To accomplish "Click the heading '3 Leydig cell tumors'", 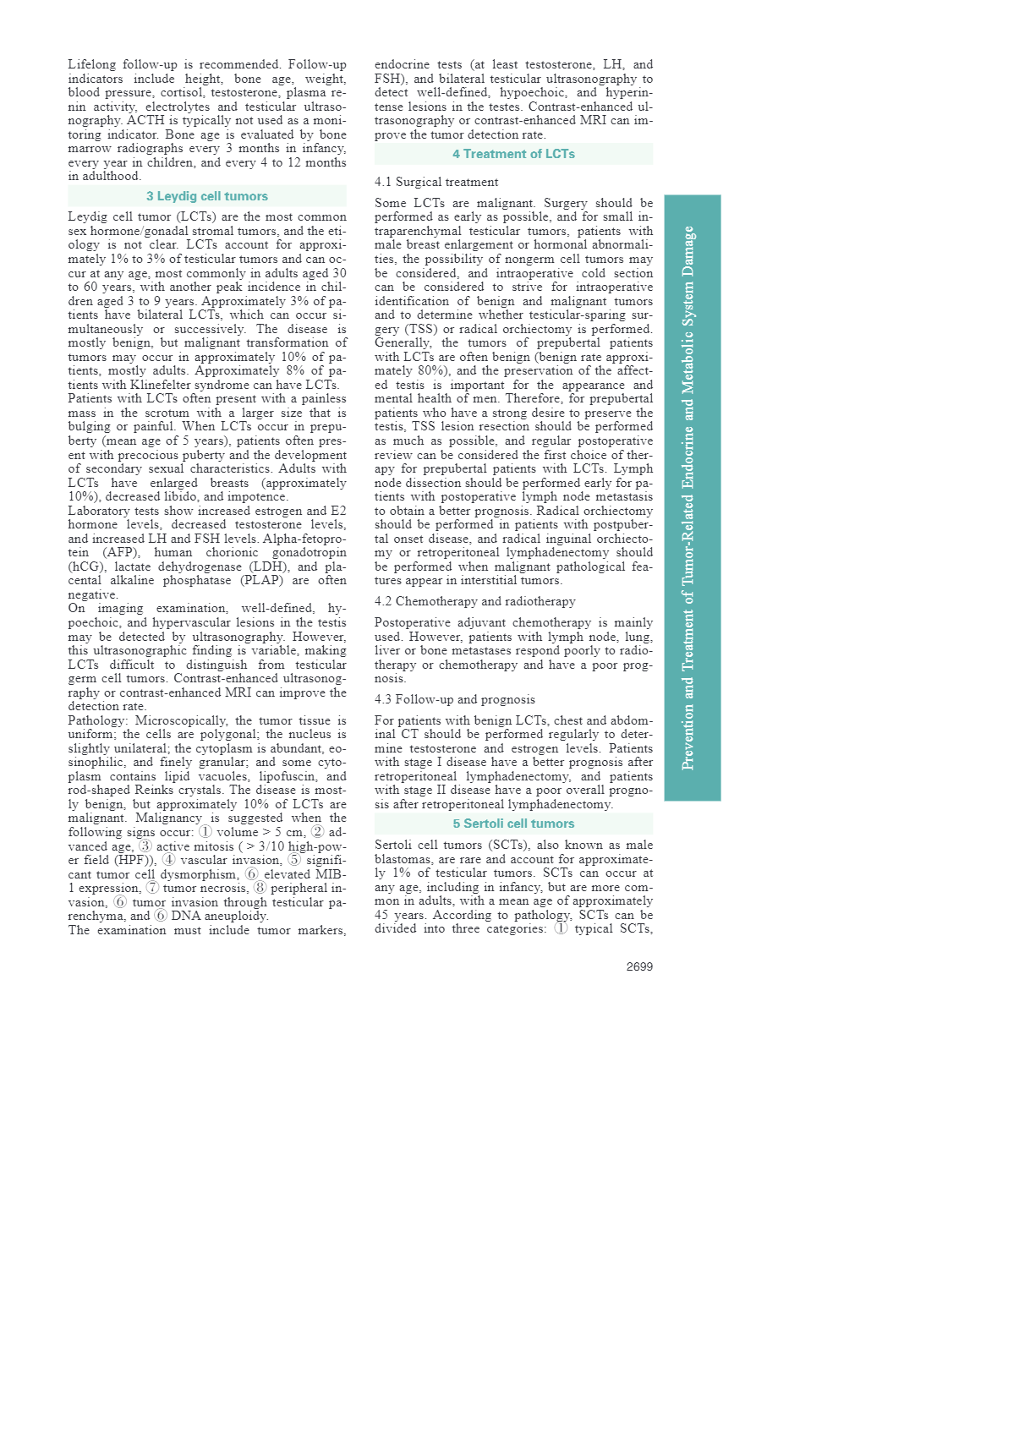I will pos(206,196).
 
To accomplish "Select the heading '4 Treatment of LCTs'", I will pos(513,154).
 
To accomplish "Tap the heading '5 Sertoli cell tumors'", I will pos(513,824).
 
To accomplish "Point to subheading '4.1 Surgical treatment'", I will pos(436,182).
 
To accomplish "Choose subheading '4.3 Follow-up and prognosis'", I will pos(455,699).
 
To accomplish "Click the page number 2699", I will pos(639,966).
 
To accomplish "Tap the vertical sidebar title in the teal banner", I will pos(688,497).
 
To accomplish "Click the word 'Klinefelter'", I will pos(162,385).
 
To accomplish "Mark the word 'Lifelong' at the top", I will pos(90,64).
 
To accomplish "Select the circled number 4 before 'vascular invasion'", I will pos(169,860).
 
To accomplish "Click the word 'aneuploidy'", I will pos(238,916).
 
